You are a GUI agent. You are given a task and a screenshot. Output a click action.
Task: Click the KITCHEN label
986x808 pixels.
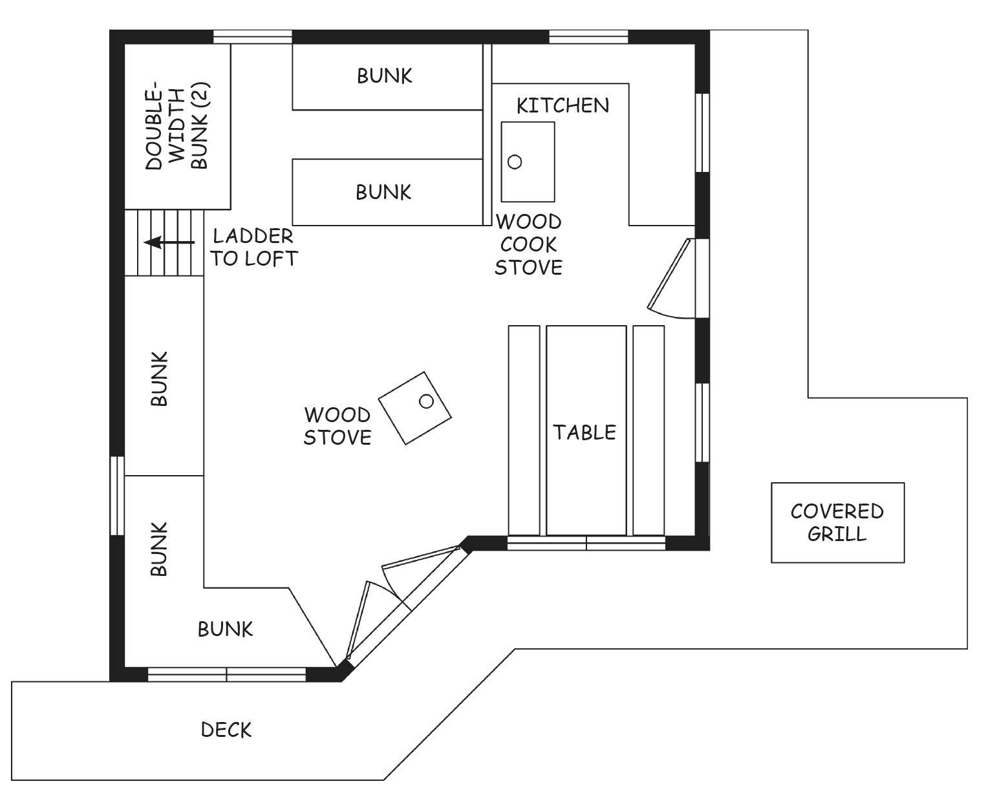click(563, 105)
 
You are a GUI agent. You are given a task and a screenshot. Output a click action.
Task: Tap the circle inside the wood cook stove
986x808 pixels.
click(514, 162)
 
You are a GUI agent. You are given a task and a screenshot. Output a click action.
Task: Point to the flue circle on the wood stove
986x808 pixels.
click(426, 401)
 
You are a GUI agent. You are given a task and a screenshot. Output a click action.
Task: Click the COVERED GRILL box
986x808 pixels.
click(837, 522)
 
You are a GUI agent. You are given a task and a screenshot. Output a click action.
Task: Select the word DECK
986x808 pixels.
click(226, 730)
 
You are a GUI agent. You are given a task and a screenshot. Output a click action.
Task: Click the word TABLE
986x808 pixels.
click(584, 432)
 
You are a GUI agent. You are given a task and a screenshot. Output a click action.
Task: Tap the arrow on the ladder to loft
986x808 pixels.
click(169, 242)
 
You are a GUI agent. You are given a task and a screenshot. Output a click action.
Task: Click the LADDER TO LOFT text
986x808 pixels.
click(254, 247)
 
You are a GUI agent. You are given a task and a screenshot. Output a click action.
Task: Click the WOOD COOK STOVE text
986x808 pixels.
click(528, 244)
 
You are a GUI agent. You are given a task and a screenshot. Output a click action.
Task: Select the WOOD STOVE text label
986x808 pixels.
click(337, 426)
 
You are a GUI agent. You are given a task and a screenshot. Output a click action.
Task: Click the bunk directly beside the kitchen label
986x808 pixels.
click(387, 77)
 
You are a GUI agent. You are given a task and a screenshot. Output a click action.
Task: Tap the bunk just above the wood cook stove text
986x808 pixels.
click(387, 192)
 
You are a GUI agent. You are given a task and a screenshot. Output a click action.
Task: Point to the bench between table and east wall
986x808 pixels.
click(648, 430)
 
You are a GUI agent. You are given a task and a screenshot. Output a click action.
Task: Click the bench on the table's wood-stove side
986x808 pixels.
click(524, 430)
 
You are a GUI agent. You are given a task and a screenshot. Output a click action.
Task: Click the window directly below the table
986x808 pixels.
click(586, 543)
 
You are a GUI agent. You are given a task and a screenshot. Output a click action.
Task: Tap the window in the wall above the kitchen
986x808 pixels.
click(588, 37)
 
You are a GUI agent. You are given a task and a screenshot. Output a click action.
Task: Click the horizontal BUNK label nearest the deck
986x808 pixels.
click(226, 630)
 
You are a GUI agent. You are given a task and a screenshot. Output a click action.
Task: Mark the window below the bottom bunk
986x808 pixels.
click(227, 675)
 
